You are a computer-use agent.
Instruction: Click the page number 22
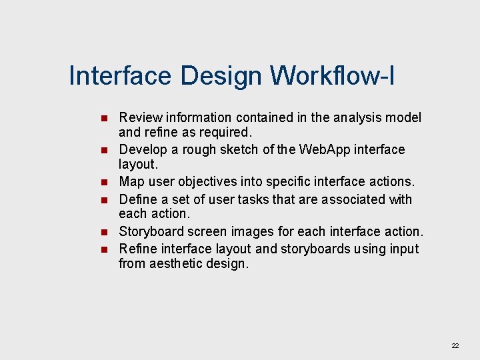click(x=455, y=345)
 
